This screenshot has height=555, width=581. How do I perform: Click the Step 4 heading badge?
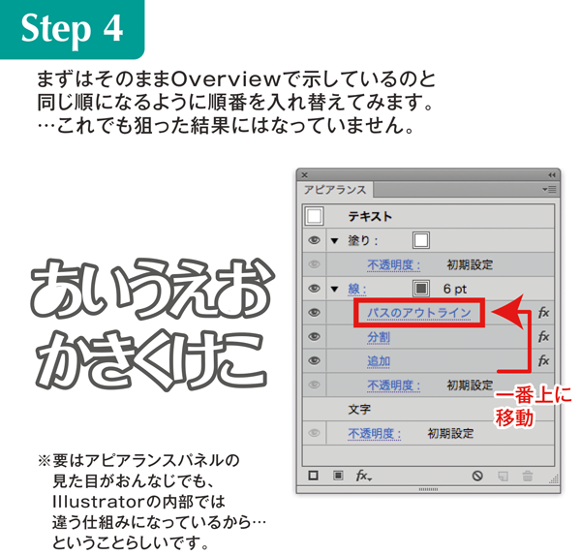coord(73,29)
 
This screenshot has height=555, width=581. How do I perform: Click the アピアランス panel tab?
coord(335,190)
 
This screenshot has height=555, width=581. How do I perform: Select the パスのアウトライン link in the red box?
coord(419,313)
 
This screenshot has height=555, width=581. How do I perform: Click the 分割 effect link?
coord(379,337)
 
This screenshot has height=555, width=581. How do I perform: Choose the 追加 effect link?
coord(379,361)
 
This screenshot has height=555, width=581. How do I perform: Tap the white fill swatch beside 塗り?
coord(421,240)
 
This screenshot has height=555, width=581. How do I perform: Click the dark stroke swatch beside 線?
coord(421,289)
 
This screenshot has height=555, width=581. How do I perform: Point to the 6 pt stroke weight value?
coord(455,289)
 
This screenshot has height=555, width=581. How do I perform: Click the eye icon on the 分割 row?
coord(314,337)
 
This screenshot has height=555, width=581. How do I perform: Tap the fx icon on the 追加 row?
coord(543,360)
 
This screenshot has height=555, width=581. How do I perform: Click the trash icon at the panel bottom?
coord(528,476)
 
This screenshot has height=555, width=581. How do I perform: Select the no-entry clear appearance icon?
coord(477,476)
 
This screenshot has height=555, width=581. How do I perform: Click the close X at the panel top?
coord(305,175)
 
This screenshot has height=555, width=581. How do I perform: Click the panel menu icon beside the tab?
coord(549,190)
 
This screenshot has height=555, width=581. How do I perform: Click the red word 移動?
coord(515,417)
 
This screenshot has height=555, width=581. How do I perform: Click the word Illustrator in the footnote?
coord(100,502)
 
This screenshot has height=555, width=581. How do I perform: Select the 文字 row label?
coord(359,410)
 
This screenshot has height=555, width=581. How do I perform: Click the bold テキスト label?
coord(370,217)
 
